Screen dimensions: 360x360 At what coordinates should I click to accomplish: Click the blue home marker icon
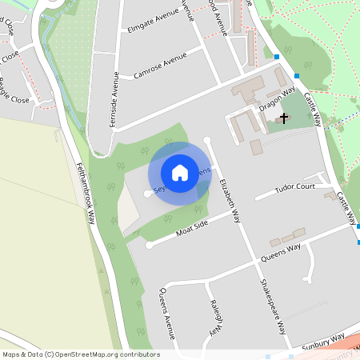[180, 173]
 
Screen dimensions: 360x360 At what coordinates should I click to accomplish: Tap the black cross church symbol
[281, 119]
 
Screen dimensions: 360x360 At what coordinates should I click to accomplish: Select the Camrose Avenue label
[160, 64]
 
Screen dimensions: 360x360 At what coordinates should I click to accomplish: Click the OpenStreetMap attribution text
[80, 354]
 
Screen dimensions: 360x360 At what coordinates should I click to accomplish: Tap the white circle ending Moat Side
[149, 246]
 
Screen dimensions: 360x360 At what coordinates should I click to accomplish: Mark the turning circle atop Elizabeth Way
[207, 141]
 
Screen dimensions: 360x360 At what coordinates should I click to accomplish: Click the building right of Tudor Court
[330, 195]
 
